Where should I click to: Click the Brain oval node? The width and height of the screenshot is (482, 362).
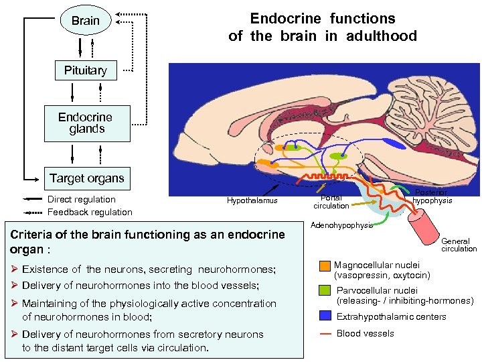click(85, 21)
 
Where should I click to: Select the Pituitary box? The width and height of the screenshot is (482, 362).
click(85, 70)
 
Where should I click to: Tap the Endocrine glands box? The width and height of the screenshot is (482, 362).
click(86, 123)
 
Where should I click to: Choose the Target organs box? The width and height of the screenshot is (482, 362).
click(86, 178)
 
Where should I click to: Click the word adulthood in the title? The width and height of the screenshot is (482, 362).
click(382, 36)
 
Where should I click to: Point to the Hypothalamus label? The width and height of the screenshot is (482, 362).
click(252, 200)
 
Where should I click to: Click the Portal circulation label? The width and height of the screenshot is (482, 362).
click(331, 202)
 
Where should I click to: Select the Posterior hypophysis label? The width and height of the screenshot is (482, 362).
click(432, 196)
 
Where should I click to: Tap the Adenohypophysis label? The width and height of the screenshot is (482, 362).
click(341, 225)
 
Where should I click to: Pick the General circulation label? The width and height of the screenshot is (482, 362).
click(459, 245)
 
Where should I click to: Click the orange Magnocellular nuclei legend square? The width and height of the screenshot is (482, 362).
click(324, 265)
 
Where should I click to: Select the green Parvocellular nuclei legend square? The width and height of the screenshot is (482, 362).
click(324, 291)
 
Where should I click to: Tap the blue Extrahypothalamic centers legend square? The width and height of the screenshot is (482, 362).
click(324, 316)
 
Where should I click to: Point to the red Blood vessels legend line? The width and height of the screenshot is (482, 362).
click(324, 333)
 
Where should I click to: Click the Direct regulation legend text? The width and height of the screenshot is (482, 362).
click(81, 199)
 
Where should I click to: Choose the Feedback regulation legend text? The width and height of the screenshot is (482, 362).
click(90, 213)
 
